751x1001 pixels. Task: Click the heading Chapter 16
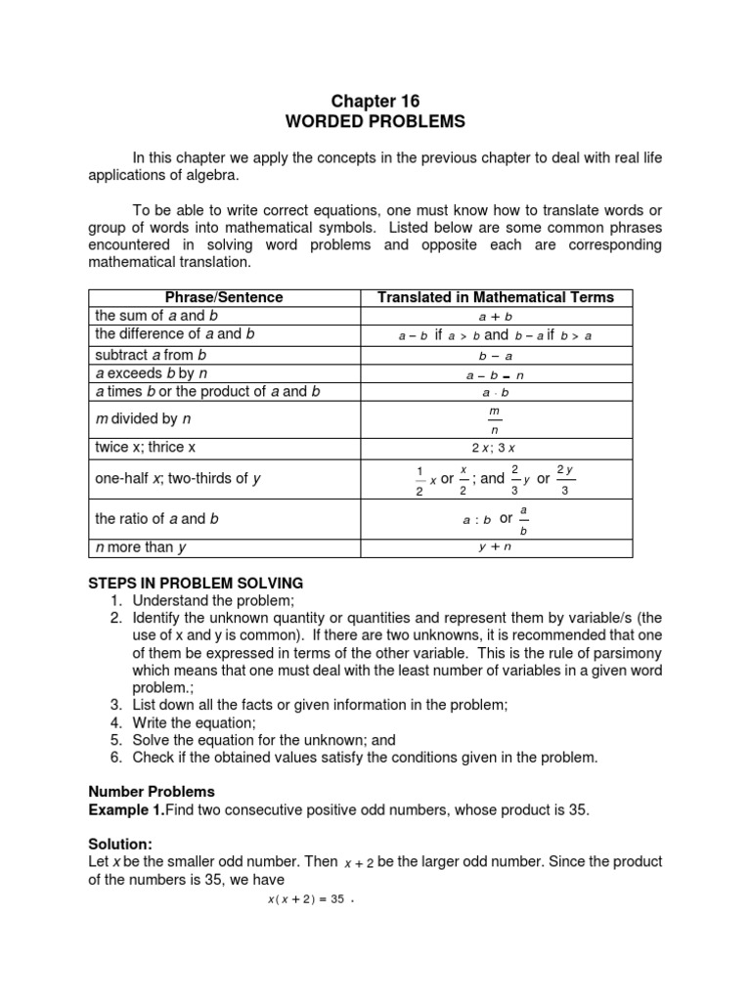click(x=375, y=101)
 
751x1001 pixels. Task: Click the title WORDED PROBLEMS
click(x=375, y=122)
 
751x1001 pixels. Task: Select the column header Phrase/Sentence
click(x=224, y=297)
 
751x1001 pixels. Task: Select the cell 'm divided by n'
click(x=136, y=418)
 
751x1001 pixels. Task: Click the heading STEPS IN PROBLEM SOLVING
click(x=197, y=584)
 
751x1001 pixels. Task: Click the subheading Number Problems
click(x=152, y=791)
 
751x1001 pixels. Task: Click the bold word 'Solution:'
click(x=121, y=844)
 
